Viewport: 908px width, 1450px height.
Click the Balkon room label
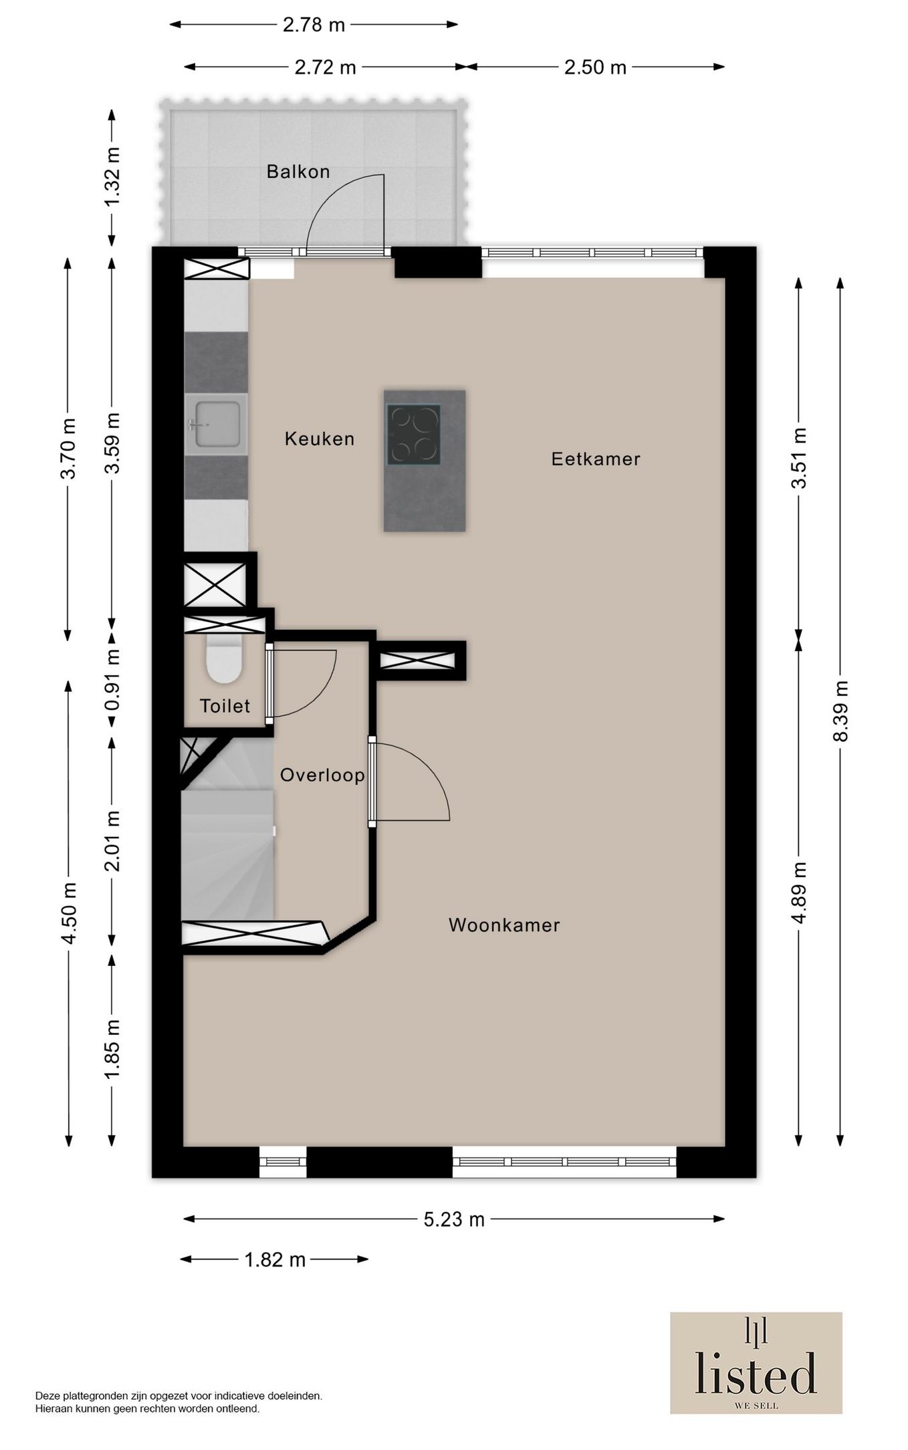(x=298, y=172)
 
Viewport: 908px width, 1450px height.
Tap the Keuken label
(x=320, y=439)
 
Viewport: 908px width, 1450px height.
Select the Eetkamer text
(x=596, y=459)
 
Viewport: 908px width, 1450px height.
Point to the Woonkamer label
(x=504, y=925)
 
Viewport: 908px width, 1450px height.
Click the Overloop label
(x=322, y=775)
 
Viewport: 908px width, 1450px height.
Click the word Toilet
(x=225, y=706)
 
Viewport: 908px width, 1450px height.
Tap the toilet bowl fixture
(x=223, y=661)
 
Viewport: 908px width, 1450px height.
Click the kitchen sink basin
(x=217, y=425)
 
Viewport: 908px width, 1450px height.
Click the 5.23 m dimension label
(x=454, y=1219)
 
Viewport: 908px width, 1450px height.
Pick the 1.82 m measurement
(x=275, y=1260)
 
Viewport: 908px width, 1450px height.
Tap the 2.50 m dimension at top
(x=595, y=68)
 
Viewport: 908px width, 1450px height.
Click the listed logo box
(x=756, y=1362)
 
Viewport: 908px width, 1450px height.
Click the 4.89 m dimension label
(x=799, y=892)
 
